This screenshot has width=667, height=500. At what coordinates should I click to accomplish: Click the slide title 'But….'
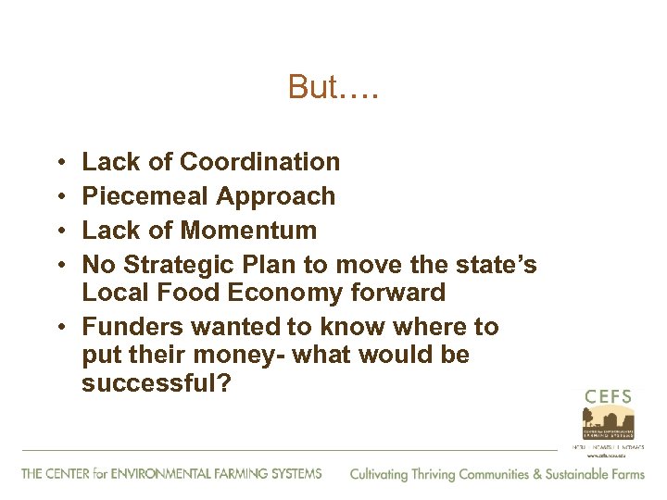(x=333, y=87)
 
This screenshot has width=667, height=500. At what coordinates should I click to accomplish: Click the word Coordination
(x=259, y=162)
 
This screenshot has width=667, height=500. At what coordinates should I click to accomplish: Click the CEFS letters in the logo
(x=608, y=397)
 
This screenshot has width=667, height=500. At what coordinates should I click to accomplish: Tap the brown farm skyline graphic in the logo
(x=608, y=422)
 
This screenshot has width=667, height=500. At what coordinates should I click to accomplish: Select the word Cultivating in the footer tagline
(x=381, y=474)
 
